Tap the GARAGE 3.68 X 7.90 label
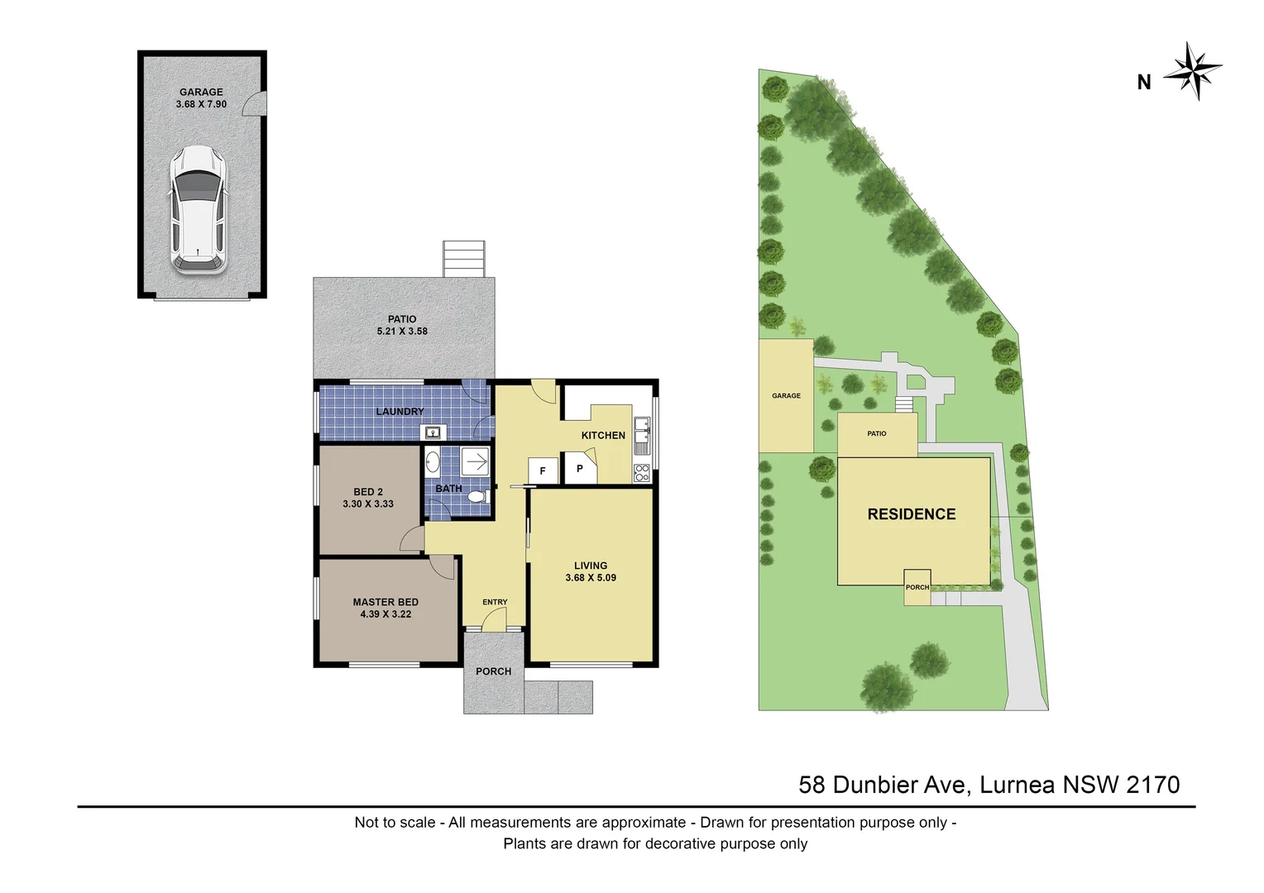coord(201,98)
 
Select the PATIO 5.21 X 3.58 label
coord(402,325)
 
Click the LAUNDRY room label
coord(400,412)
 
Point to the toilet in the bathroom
coord(476,498)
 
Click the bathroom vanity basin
coord(432,462)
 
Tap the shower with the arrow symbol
coord(475,461)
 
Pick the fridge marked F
coord(543,470)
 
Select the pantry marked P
coord(580,468)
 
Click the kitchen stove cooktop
coord(642,473)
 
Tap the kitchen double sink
coord(642,437)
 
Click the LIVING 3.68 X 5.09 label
coord(591,571)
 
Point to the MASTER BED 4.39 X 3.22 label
coord(385,609)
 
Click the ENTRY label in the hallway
coord(495,602)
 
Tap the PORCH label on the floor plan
coord(493,671)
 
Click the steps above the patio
coord(463,259)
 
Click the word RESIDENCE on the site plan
coord(911,514)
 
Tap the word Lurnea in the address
coord(1017,784)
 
